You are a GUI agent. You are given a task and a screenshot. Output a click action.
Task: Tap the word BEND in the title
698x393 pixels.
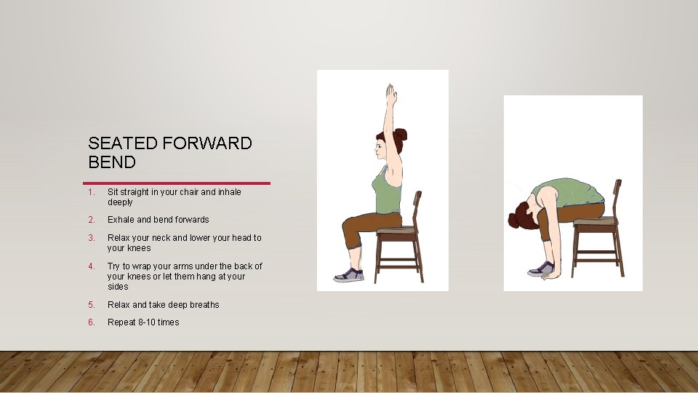pos(112,162)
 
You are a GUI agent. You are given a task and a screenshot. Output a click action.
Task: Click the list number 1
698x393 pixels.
pos(90,192)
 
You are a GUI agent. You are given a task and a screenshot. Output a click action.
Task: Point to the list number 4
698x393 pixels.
pos(90,266)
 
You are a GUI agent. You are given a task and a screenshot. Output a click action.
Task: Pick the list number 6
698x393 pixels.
pos(90,322)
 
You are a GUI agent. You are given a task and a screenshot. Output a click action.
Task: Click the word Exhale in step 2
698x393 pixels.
pos(121,220)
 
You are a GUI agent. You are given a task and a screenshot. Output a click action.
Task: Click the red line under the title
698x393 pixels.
pos(177,183)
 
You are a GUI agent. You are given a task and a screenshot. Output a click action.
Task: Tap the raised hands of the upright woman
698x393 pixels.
pos(390,95)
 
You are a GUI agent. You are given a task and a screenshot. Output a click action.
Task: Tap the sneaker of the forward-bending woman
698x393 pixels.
pos(541,269)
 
